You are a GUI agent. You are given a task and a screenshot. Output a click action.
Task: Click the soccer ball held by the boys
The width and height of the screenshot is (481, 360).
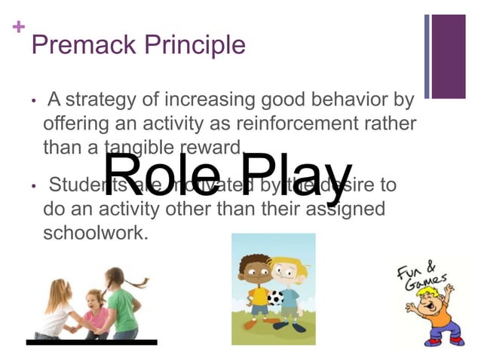[276, 297]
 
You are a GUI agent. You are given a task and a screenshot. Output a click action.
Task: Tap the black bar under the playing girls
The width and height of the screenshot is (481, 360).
[91, 343]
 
